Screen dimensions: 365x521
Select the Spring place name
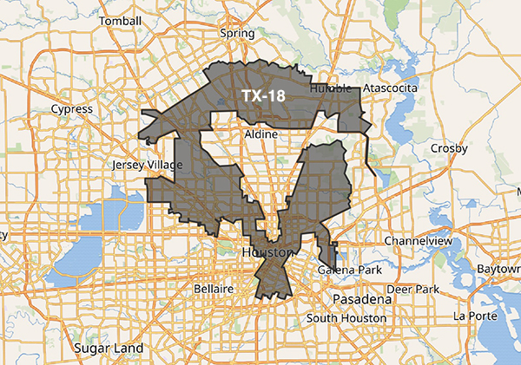point(237,34)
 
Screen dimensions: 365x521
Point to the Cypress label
point(72,109)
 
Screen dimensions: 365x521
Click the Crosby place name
point(449,148)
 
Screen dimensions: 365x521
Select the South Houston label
point(345,318)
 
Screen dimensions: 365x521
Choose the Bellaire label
point(214,287)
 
